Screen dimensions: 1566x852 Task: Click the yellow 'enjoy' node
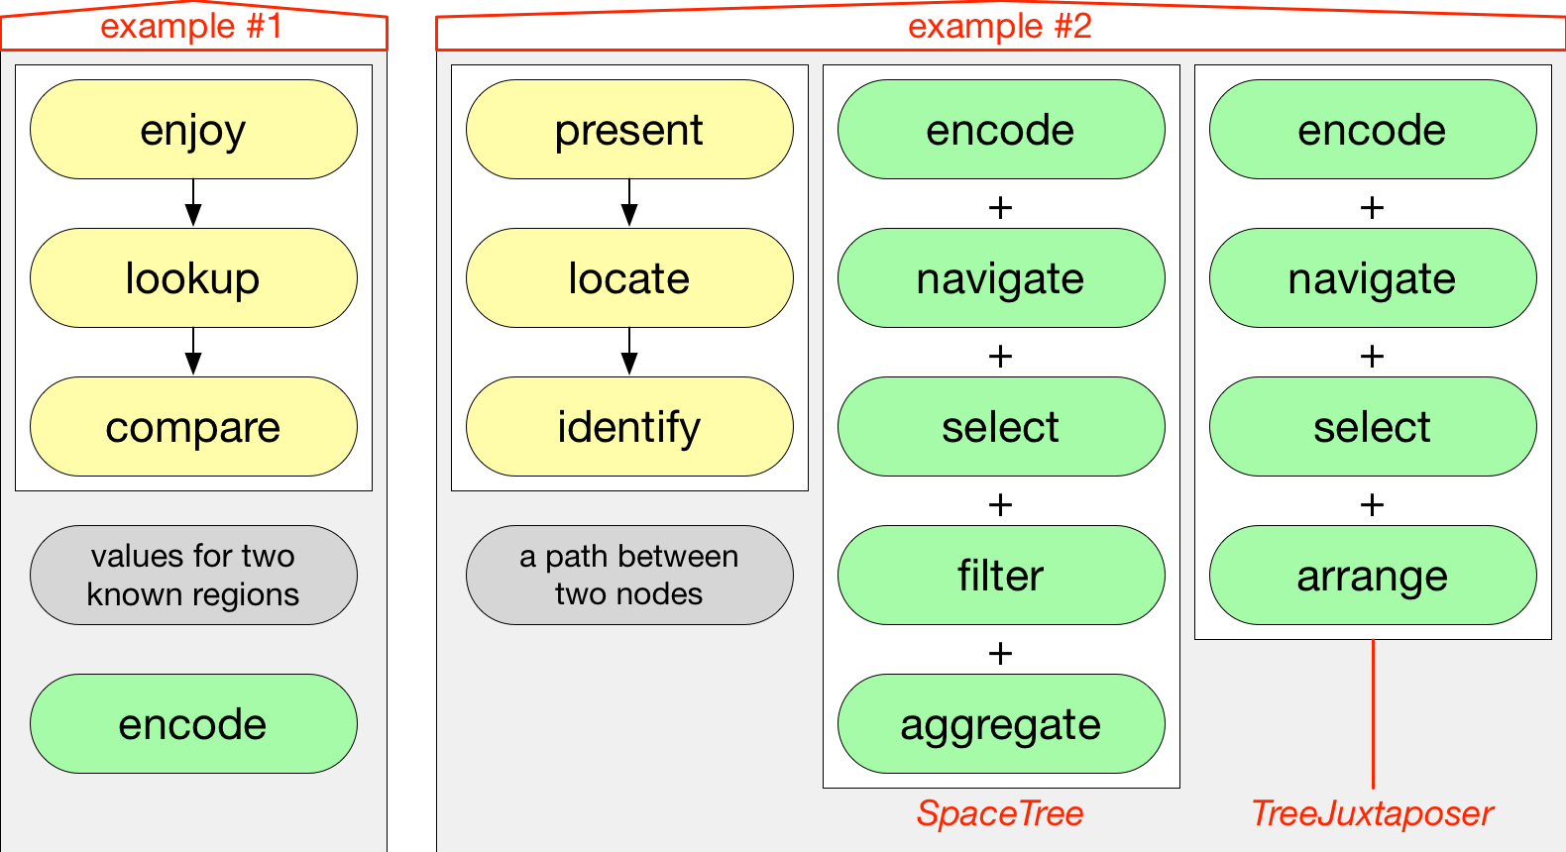[x=193, y=130]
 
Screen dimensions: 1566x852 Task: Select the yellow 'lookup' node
[x=193, y=278]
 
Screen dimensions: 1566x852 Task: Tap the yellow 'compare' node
[x=193, y=426]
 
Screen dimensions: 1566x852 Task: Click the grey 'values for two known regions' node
[x=193, y=576]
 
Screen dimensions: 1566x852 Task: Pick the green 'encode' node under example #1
[x=193, y=724]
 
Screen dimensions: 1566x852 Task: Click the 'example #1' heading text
[x=191, y=27]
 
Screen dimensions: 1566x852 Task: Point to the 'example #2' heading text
[x=1000, y=27]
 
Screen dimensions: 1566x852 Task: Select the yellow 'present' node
[x=630, y=130]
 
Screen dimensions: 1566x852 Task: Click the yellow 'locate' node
[x=630, y=278]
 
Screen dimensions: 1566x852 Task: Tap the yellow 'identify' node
[x=630, y=426]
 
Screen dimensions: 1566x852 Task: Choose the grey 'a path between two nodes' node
[x=630, y=576]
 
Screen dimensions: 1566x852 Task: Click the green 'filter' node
[x=1001, y=576]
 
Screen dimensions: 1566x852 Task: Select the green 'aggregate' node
[x=1001, y=724]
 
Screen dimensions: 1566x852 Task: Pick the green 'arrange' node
[x=1373, y=576]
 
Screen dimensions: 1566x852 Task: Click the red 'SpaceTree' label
[x=1000, y=813]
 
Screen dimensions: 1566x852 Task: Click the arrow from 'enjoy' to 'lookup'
[x=193, y=203]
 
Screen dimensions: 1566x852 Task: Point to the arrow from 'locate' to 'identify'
[x=629, y=352]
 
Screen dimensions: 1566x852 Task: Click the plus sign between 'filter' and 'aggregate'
[x=1000, y=654]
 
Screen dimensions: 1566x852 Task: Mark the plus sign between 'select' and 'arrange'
[x=1373, y=504]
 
